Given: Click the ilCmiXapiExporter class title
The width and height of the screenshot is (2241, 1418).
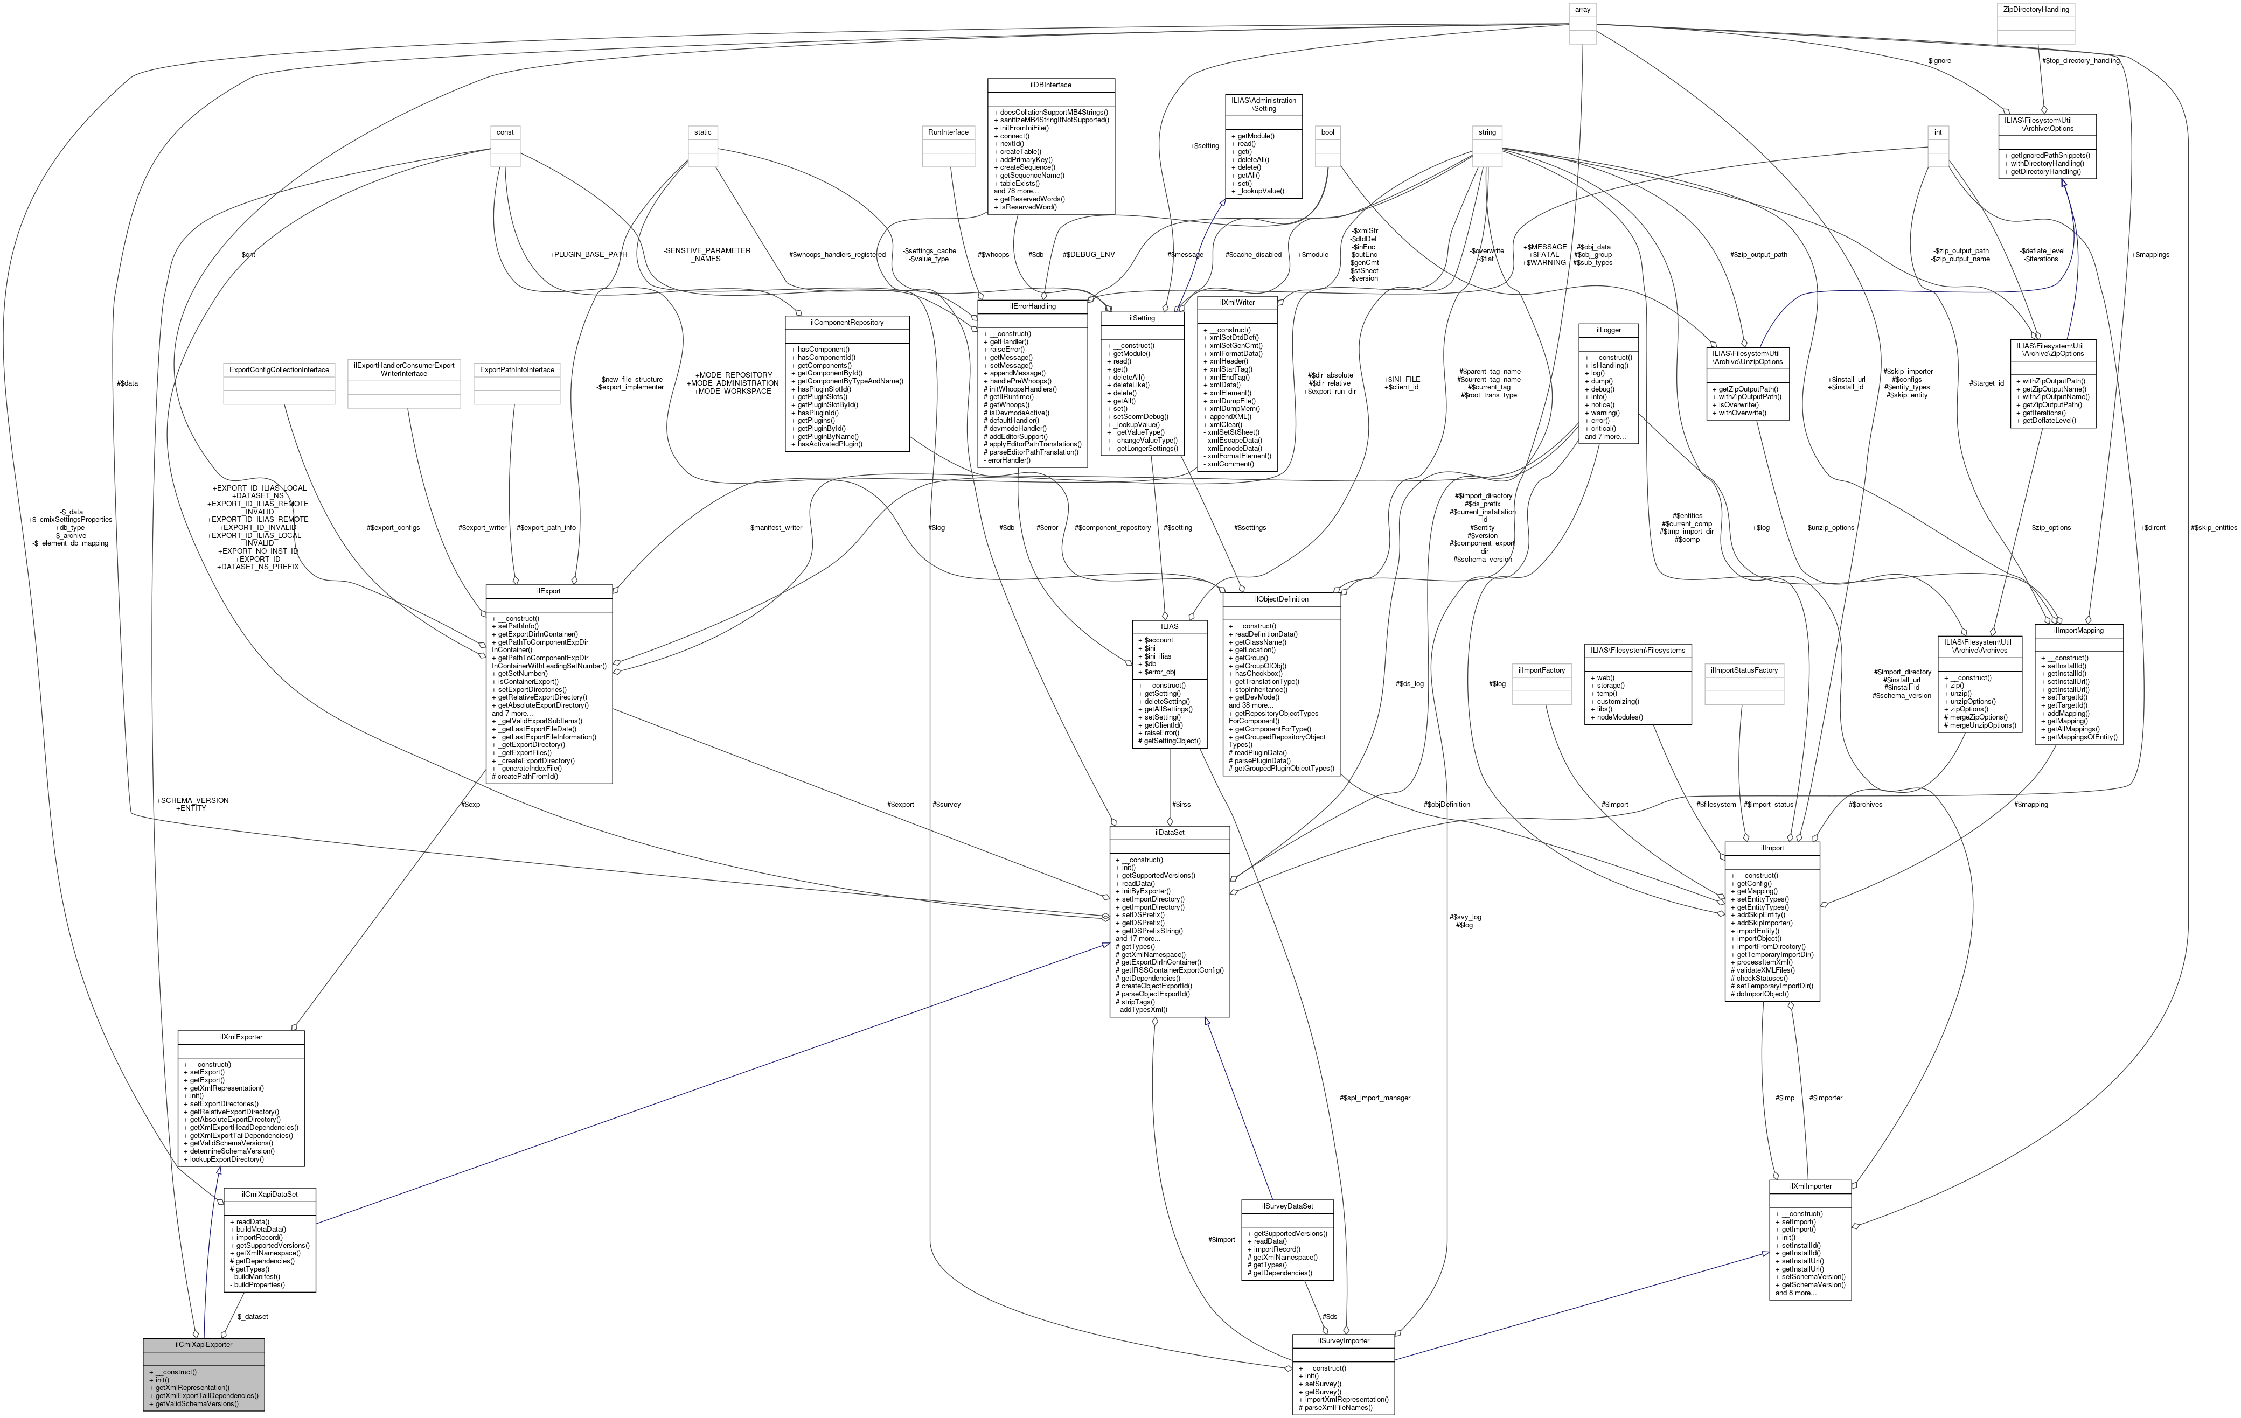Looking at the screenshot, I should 204,1345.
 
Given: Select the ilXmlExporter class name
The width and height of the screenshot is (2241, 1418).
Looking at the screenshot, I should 241,1037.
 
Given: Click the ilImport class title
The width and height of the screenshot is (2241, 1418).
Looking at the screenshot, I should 1772,849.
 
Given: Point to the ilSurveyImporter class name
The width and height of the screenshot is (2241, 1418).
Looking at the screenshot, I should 1343,1341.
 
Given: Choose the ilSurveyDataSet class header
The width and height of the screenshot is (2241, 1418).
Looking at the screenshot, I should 1287,1206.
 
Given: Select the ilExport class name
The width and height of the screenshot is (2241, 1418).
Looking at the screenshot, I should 548,591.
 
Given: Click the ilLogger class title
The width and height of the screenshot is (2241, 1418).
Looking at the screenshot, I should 1609,330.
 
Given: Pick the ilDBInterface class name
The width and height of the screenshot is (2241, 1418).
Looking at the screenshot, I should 1050,85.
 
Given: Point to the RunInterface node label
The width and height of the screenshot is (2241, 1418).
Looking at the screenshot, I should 948,132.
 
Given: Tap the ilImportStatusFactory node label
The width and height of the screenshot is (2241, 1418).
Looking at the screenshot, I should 1743,670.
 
